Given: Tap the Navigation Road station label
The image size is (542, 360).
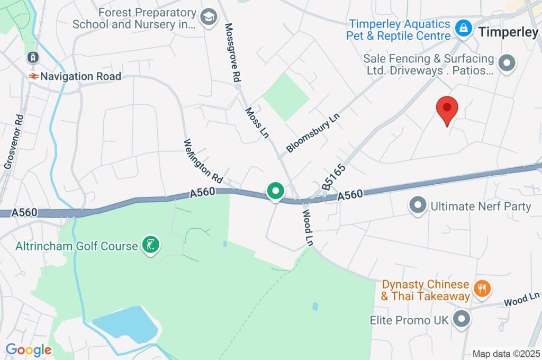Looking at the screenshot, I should tap(80, 76).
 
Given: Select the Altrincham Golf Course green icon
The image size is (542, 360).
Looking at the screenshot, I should tap(151, 246).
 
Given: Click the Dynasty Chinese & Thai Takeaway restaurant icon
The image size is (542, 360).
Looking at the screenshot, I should tap(482, 289).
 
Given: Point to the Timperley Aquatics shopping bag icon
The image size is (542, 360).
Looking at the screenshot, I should tap(464, 29).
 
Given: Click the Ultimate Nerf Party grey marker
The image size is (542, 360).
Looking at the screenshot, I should tap(419, 205).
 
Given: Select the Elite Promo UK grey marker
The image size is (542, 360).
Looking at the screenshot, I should tap(463, 320).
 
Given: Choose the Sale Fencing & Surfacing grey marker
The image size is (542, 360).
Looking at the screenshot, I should tap(508, 64).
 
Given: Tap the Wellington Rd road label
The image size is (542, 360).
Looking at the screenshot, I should tap(203, 158).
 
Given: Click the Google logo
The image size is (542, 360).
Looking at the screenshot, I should tap(29, 350).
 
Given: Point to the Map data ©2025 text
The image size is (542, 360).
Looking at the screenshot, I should tap(505, 354).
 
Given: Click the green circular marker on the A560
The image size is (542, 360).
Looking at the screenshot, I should tap(275, 191).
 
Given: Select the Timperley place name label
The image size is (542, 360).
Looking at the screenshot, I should tap(508, 32).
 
